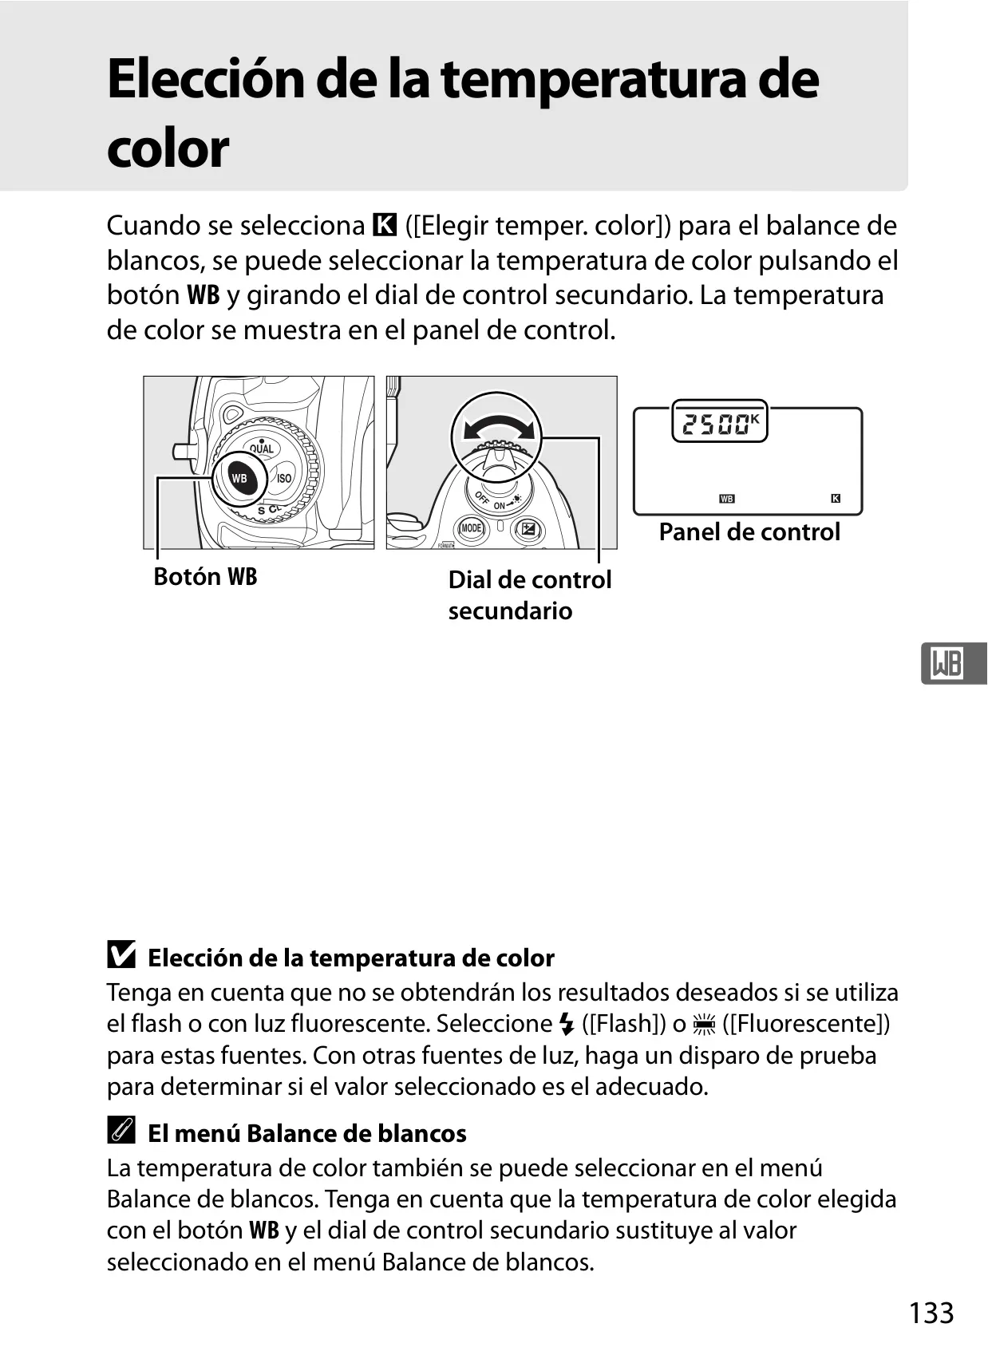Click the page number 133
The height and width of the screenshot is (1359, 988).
coord(931,1313)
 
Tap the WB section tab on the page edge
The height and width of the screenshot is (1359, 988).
coord(954,664)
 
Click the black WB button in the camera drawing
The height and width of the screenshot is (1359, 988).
coord(239,479)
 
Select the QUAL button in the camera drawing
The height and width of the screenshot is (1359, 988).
coord(262,448)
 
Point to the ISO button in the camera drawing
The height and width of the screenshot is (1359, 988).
coord(284,478)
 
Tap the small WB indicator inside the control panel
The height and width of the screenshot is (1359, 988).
coord(727,499)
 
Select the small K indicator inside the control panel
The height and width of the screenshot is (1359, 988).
coord(836,499)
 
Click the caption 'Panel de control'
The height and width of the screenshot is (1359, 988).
coord(749,532)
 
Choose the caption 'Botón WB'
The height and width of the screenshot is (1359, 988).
coord(205,576)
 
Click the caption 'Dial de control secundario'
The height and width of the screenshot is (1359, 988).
coord(530,595)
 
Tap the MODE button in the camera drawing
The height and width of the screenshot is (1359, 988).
coord(472,527)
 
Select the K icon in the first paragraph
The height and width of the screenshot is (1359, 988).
coord(385,225)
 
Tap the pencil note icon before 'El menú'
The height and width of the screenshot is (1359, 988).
coord(121,1130)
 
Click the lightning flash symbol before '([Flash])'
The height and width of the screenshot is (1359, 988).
coord(567,1024)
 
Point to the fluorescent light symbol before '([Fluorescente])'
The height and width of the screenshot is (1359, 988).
coord(704,1024)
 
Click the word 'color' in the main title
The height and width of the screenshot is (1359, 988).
coord(168,148)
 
